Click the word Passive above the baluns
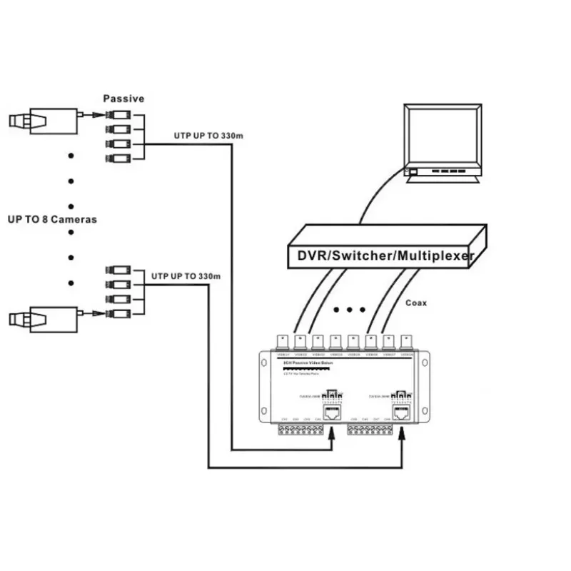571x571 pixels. (x=123, y=98)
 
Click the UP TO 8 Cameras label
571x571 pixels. (x=51, y=219)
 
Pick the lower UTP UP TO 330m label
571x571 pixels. (x=186, y=276)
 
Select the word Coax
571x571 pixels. (x=415, y=303)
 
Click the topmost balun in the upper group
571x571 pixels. (x=118, y=115)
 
